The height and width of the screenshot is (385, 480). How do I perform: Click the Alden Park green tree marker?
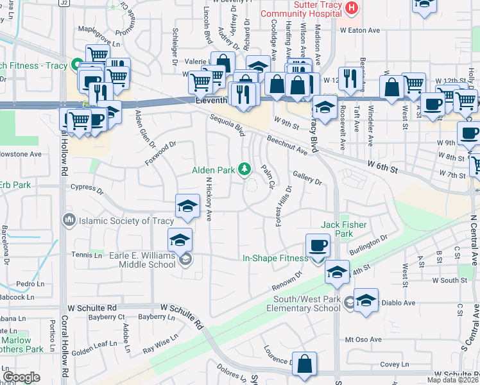(x=244, y=169)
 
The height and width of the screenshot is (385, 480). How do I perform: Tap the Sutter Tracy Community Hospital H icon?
(x=352, y=8)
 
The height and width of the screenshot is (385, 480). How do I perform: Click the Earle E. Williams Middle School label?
(x=132, y=259)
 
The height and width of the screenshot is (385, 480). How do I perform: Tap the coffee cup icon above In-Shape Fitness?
(x=318, y=244)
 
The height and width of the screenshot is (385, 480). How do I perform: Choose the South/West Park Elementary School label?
(x=304, y=303)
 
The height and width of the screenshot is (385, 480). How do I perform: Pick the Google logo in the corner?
(x=22, y=377)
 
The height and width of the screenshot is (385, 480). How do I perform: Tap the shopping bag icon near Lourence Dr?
(x=305, y=363)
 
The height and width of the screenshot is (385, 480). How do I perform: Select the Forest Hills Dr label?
(x=281, y=205)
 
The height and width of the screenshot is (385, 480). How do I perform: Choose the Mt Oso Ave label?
(x=363, y=339)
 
